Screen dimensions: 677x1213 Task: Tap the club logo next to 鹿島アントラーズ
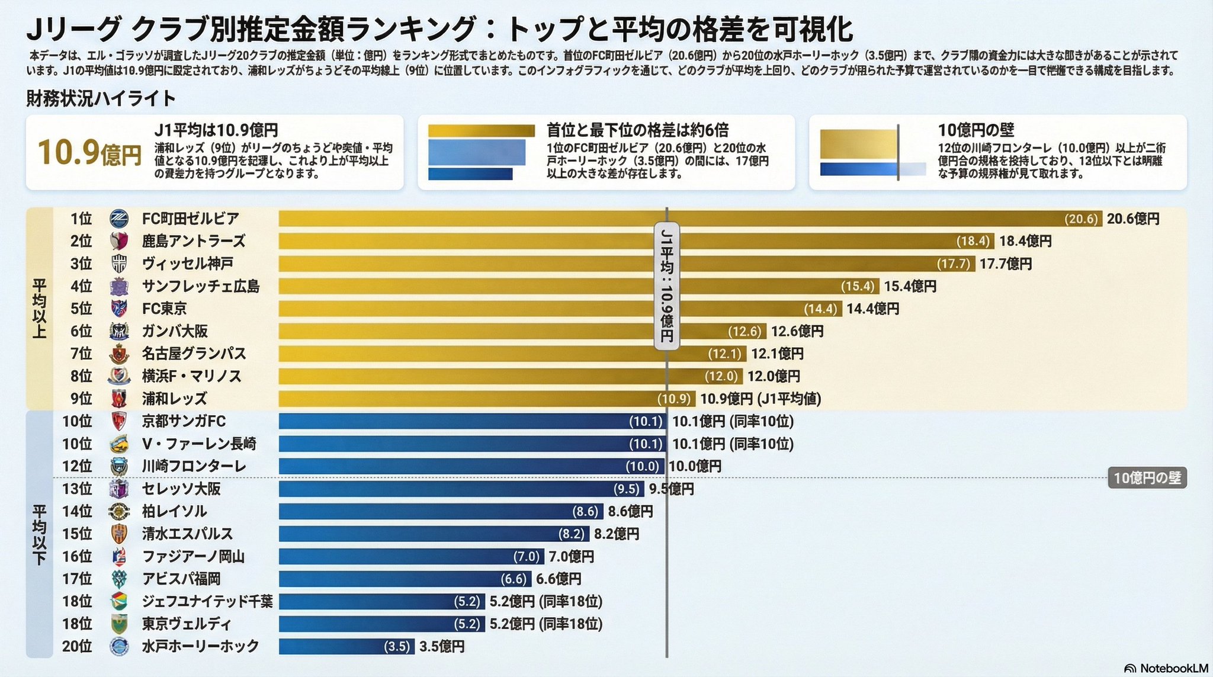pos(119,241)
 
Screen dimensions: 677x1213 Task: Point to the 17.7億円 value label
pos(1005,264)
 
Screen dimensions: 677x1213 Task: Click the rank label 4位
pos(81,287)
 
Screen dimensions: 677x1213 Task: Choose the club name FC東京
pos(164,309)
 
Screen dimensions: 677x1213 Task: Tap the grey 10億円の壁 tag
pos(1147,479)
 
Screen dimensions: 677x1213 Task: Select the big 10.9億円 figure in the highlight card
pos(89,153)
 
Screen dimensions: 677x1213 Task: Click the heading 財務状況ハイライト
pos(101,98)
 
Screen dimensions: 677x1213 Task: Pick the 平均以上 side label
pos(39,308)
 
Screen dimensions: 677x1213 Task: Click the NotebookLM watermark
pos(1166,668)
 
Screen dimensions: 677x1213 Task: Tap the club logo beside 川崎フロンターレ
pos(119,467)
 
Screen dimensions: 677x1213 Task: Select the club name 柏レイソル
pos(174,512)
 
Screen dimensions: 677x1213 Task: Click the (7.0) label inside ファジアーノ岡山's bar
pos(527,557)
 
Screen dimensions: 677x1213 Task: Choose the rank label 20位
pos(77,647)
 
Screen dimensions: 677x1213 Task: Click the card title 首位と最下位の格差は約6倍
pos(637,130)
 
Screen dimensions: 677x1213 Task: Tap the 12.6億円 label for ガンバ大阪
pos(797,332)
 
